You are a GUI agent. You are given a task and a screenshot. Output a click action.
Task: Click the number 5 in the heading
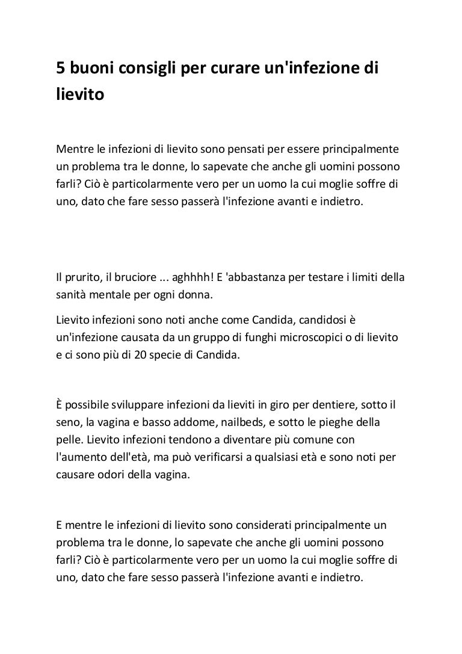[x=61, y=70]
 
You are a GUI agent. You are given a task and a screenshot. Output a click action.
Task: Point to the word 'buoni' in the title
[x=91, y=70]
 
